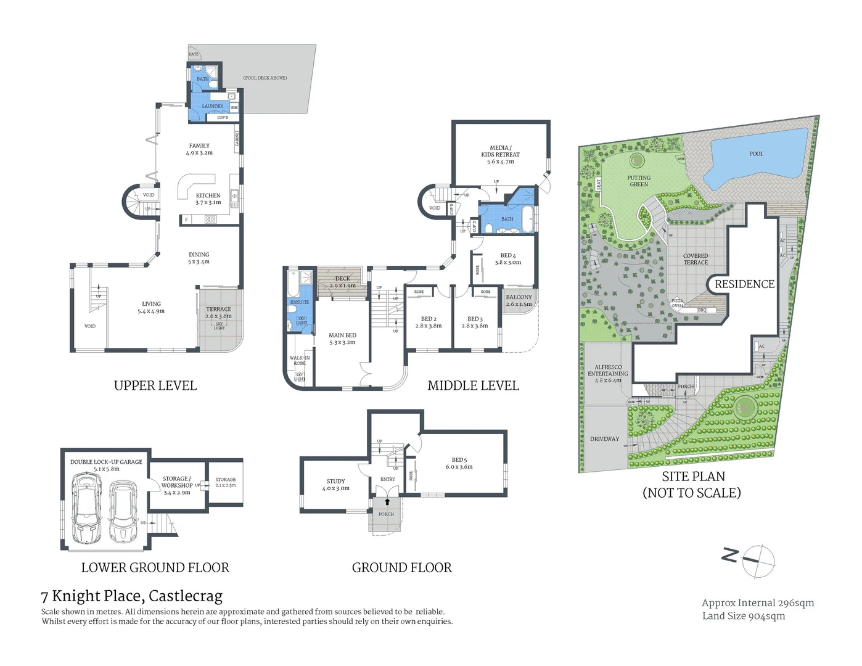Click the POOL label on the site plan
[756, 154]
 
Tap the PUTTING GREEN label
[639, 181]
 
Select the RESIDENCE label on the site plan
[744, 284]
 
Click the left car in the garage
[87, 508]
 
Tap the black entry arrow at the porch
[387, 502]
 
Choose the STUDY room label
[335, 484]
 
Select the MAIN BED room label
[342, 339]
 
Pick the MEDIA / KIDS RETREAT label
[500, 154]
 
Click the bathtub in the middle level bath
[527, 219]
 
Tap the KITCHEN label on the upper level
[208, 199]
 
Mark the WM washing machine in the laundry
[234, 107]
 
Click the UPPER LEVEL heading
[155, 386]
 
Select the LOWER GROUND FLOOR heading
[155, 567]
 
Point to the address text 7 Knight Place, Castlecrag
[131, 596]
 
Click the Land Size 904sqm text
[743, 616]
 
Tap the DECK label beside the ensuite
[342, 282]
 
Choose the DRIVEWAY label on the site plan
[604, 439]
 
